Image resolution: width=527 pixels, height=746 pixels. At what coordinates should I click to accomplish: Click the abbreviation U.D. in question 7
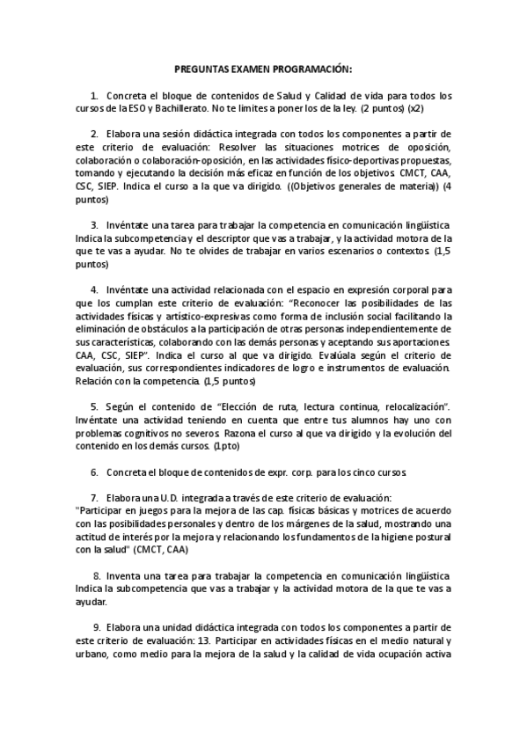(x=172, y=498)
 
